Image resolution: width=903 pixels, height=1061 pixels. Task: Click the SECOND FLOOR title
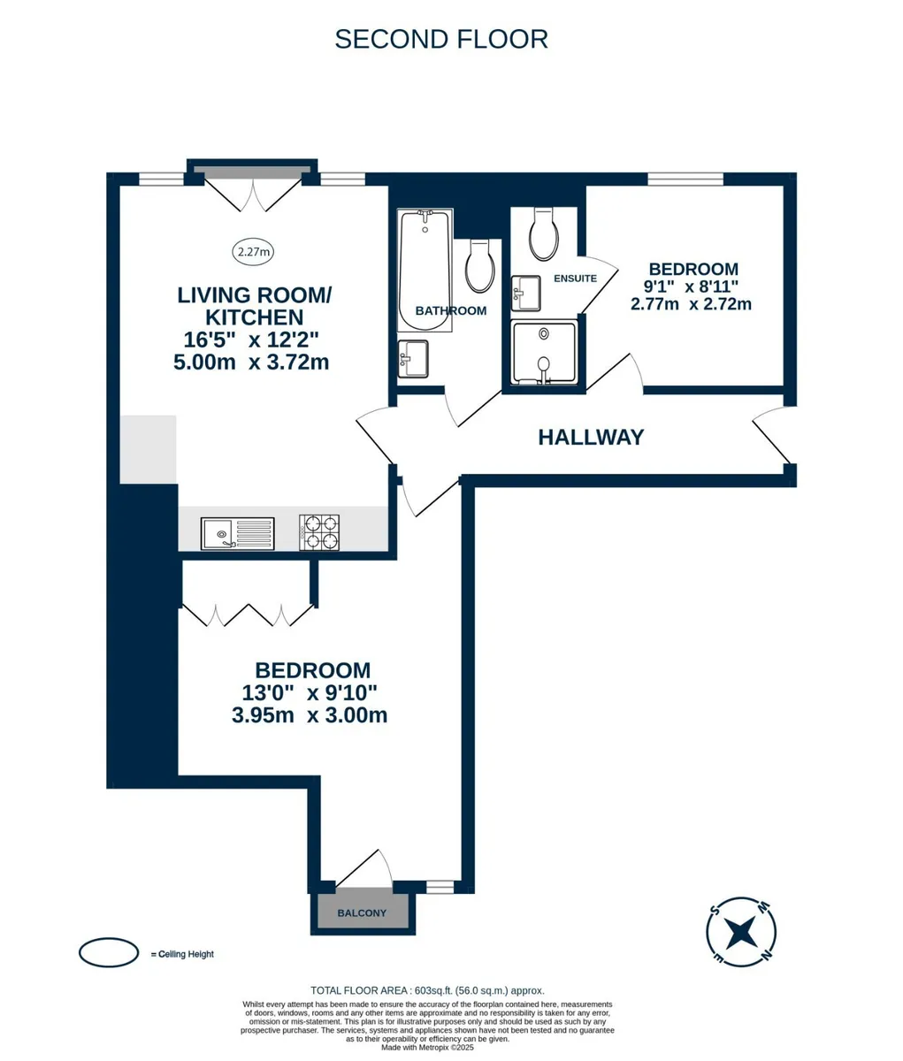coord(441,40)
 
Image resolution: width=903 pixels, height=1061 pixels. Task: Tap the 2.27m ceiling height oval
coord(253,251)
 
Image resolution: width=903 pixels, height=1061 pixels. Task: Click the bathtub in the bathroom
coord(425,270)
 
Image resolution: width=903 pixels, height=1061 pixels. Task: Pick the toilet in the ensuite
coord(544,234)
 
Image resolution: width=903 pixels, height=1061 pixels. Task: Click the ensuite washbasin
coord(526,294)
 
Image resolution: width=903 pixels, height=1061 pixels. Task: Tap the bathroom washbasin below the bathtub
coord(413,359)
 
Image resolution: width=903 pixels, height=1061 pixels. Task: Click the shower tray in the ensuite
coord(544,352)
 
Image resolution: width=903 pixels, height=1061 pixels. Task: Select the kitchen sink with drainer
coord(237,533)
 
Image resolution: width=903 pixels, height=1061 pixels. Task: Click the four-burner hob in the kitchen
coord(319,533)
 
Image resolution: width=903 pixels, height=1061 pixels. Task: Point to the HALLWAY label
coord(591,438)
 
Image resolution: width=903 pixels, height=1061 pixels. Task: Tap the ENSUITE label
coord(576,279)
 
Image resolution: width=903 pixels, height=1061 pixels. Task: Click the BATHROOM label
coord(451,310)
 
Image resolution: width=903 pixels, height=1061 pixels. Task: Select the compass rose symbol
coord(741,932)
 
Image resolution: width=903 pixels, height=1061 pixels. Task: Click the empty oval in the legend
coord(109,952)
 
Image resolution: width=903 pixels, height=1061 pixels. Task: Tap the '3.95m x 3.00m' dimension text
coord(310,715)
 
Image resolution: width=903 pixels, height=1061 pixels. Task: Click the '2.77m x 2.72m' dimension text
coord(691,304)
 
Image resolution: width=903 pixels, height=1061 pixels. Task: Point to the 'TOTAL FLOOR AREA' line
coord(428,990)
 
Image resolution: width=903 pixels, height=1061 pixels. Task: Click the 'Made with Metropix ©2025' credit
coord(428,1048)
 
